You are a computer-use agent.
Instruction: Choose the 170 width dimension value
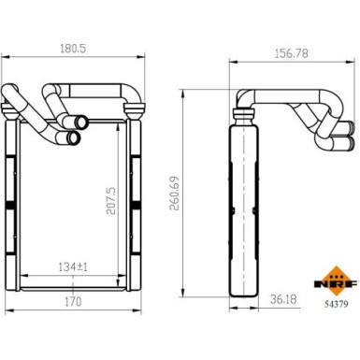pos(74,301)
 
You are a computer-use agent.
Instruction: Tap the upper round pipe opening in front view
pos(81,122)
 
